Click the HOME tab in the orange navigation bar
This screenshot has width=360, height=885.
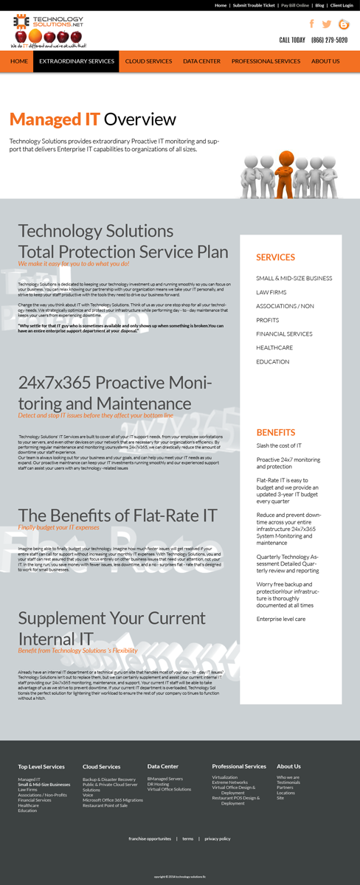[x=19, y=61]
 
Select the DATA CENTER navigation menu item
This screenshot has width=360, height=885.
[x=201, y=61]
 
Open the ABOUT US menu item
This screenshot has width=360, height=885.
[x=325, y=61]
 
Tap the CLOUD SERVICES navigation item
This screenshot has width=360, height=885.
[x=148, y=61]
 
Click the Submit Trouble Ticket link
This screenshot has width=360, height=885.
[x=254, y=5]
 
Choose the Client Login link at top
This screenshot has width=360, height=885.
[x=342, y=5]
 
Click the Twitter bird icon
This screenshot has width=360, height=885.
[x=327, y=24]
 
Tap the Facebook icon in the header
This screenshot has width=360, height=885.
[x=311, y=24]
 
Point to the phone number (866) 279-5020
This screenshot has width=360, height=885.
[x=329, y=41]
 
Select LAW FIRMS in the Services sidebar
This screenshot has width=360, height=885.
[x=271, y=292]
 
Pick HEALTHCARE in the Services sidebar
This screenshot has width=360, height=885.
[x=274, y=347]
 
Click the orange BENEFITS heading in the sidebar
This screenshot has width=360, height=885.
[x=276, y=433]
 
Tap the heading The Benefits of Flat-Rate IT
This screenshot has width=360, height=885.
[x=117, y=515]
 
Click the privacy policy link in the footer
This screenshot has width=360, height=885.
[x=218, y=839]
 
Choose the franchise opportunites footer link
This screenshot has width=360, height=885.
[x=150, y=839]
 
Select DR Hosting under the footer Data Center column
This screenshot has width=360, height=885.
[x=158, y=784]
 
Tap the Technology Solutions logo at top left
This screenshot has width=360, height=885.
[x=48, y=30]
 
